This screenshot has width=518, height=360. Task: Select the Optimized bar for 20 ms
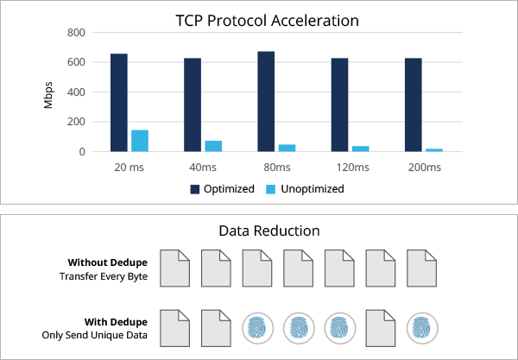click(119, 103)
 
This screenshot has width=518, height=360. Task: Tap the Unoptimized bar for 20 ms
click(140, 141)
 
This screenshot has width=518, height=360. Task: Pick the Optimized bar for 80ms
click(266, 102)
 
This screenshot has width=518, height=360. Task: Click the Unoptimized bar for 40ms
click(213, 146)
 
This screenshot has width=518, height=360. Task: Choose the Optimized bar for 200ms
click(413, 104)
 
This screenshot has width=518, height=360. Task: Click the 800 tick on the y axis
click(76, 33)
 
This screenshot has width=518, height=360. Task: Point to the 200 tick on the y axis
click(76, 122)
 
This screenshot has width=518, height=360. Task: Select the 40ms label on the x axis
click(203, 167)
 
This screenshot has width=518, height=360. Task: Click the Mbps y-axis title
click(49, 92)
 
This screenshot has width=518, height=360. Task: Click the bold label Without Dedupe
click(108, 262)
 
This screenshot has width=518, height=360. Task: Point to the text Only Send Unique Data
click(96, 334)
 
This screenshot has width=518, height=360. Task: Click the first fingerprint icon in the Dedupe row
click(257, 328)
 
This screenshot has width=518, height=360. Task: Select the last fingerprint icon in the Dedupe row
click(421, 328)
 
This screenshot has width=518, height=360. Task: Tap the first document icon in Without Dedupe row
click(175, 268)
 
